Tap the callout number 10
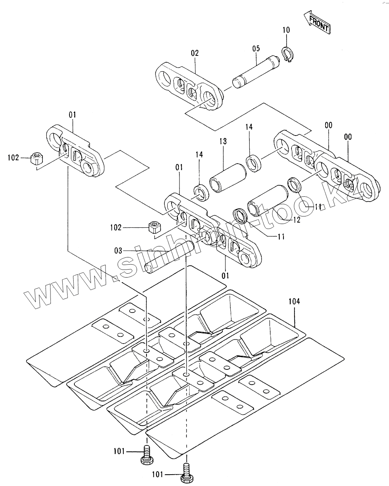click(286, 30)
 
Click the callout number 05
click(256, 48)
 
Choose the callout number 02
click(195, 53)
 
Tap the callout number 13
click(223, 141)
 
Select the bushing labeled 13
click(227, 177)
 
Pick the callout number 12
click(296, 220)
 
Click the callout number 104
click(294, 301)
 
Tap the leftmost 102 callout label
click(13, 157)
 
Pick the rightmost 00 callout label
click(348, 137)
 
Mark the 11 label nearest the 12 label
click(317, 207)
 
